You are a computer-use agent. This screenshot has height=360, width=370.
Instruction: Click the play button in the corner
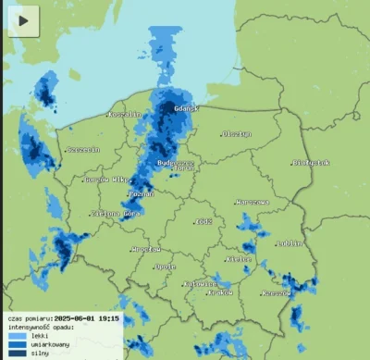point(23,19)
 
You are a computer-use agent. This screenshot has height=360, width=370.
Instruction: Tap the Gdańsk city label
point(181,108)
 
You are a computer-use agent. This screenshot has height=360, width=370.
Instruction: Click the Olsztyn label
point(237,134)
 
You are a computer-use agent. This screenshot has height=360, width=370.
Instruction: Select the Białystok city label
point(312,163)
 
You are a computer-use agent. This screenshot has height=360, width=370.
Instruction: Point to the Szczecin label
point(82,150)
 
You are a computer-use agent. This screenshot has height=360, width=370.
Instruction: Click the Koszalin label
point(123,114)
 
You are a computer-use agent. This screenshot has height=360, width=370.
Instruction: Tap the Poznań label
point(142,194)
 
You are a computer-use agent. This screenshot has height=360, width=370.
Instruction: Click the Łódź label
point(203,222)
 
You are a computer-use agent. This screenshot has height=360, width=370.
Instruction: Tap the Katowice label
point(201,283)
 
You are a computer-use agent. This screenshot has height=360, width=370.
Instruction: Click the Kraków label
point(222,292)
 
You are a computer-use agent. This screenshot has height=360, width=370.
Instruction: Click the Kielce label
point(240,260)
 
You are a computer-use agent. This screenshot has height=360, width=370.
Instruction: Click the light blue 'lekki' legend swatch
point(17,335)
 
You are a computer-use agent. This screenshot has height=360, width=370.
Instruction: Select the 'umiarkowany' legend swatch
point(17,344)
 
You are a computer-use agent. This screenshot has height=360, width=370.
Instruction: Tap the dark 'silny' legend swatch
point(17,353)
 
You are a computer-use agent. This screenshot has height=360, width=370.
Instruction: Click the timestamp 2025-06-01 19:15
point(86,317)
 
